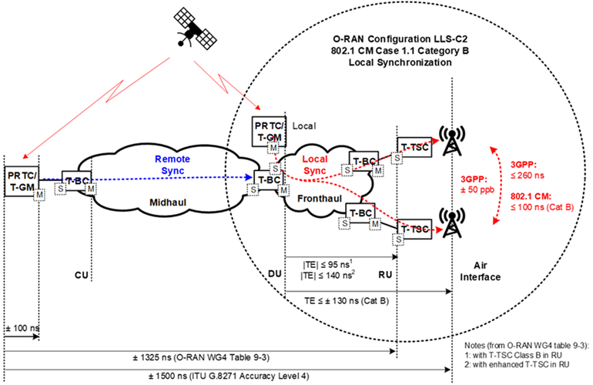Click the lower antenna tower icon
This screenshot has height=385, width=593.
pyautogui.click(x=448, y=223)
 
